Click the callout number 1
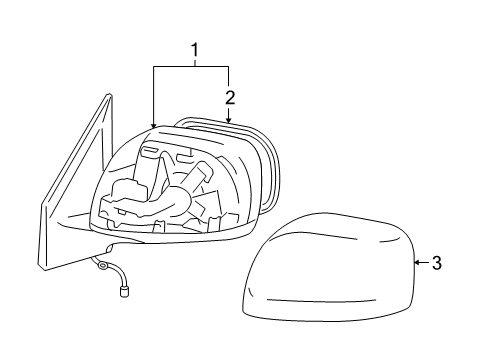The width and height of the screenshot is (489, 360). point(196,48)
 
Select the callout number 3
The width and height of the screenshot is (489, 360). point(437,263)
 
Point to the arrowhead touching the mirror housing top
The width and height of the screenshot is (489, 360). point(154,123)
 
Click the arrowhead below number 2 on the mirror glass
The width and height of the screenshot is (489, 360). point(229,121)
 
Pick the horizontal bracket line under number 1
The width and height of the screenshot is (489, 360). point(191,66)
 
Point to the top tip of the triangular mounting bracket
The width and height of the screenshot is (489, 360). point(105,96)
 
